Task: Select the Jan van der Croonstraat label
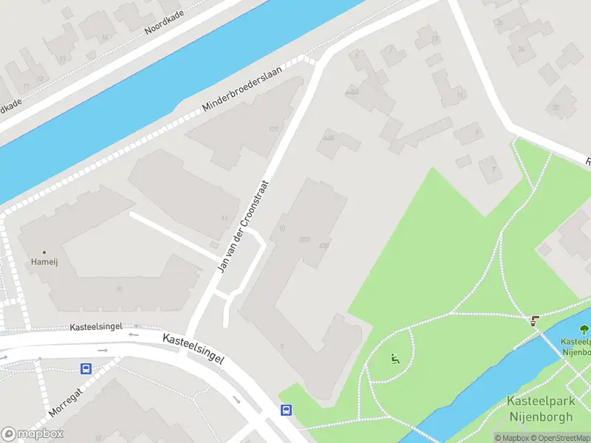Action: pyautogui.click(x=243, y=225)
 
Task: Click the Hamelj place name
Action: pyautogui.click(x=44, y=262)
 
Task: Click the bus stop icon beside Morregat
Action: pyautogui.click(x=86, y=368)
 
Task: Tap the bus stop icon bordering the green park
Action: pyautogui.click(x=286, y=411)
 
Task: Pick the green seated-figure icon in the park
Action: pyautogui.click(x=394, y=359)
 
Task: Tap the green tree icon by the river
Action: pyautogui.click(x=584, y=329)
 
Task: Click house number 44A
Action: pyautogui.click(x=352, y=92)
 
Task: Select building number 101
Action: pyautogui.click(x=273, y=129)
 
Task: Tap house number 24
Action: pyautogui.click(x=521, y=49)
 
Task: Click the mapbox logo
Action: pyautogui.click(x=33, y=434)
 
